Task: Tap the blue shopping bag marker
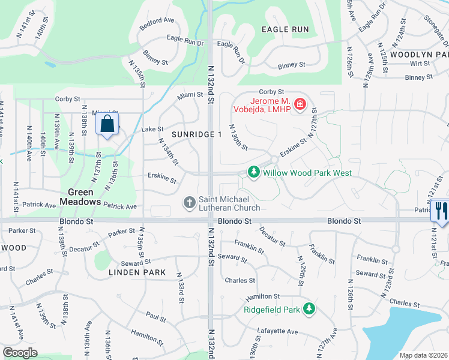(107, 125)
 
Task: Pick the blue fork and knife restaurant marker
(440, 211)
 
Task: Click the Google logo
(20, 353)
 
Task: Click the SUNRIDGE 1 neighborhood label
(197, 134)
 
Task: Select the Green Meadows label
(83, 197)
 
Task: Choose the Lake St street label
(152, 129)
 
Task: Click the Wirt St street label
(416, 63)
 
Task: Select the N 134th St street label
(169, 152)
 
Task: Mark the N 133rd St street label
(180, 287)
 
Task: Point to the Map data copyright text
(423, 355)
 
